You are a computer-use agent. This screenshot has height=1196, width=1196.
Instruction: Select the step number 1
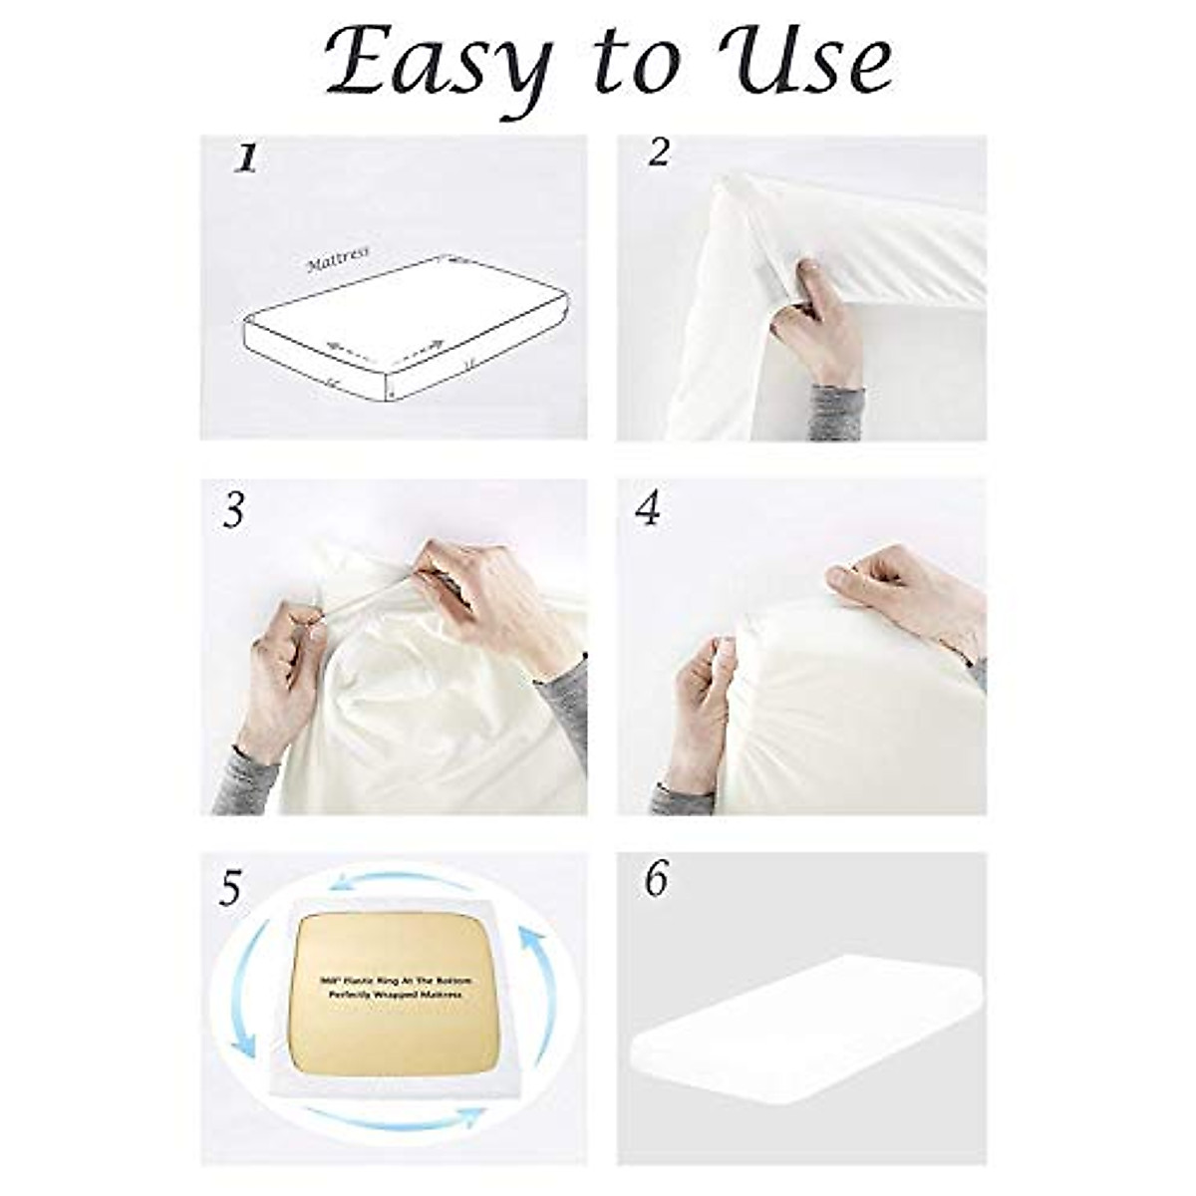tap(245, 159)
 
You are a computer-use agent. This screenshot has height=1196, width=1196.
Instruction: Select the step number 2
tap(658, 153)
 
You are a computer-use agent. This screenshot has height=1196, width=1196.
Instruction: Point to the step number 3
tap(233, 510)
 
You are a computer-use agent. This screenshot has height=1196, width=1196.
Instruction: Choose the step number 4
tap(648, 509)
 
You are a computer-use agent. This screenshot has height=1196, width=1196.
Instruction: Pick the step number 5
tap(231, 886)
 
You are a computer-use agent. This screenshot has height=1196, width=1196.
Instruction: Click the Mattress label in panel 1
tap(338, 260)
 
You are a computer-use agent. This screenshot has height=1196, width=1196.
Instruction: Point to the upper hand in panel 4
tap(897, 593)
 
